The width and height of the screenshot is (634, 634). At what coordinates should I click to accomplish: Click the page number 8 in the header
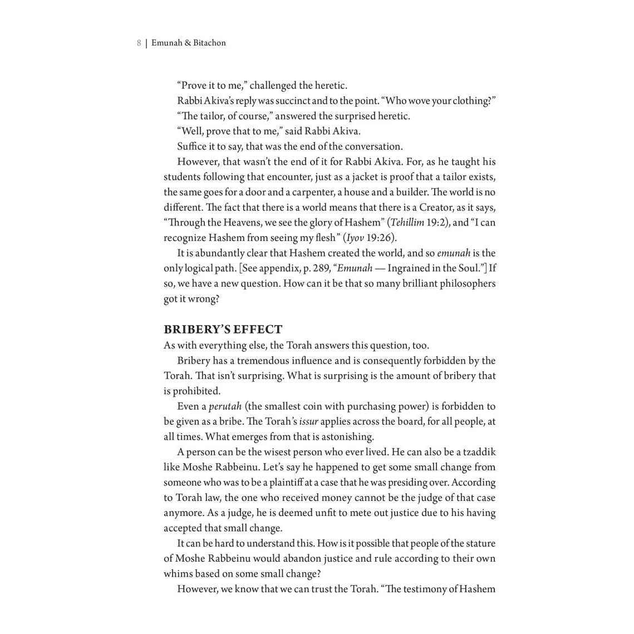(x=139, y=43)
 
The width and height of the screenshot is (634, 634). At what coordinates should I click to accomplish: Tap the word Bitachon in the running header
(x=209, y=43)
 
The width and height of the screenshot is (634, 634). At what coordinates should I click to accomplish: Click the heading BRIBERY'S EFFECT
(x=223, y=329)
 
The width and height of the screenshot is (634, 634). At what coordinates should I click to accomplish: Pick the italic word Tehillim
(x=407, y=223)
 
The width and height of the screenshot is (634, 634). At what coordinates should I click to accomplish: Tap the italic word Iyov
(x=355, y=238)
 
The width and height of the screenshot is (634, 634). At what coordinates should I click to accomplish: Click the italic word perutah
(x=225, y=406)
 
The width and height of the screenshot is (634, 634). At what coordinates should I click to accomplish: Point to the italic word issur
(x=308, y=421)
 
